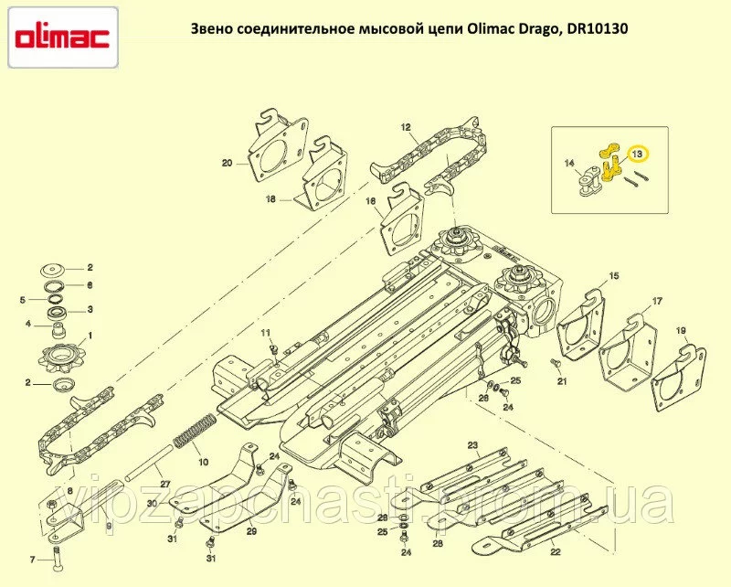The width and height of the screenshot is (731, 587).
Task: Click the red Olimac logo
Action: (62, 37)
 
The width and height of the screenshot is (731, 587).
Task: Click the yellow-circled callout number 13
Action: (637, 153)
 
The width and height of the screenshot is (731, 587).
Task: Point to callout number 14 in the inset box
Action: (569, 163)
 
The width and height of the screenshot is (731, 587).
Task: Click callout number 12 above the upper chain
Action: (406, 127)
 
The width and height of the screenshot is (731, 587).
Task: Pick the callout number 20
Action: (227, 164)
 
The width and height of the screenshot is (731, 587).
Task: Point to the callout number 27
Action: (165, 485)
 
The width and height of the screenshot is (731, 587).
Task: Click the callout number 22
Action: (556, 552)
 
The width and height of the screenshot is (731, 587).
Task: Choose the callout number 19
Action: (681, 331)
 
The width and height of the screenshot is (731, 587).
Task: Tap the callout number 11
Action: (265, 333)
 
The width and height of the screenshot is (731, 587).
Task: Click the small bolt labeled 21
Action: (556, 363)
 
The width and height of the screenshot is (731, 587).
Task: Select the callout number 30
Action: (152, 504)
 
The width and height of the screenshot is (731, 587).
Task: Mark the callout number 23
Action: (473, 445)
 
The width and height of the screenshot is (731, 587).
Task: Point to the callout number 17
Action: (657, 302)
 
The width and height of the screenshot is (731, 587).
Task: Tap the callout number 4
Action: (28, 324)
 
